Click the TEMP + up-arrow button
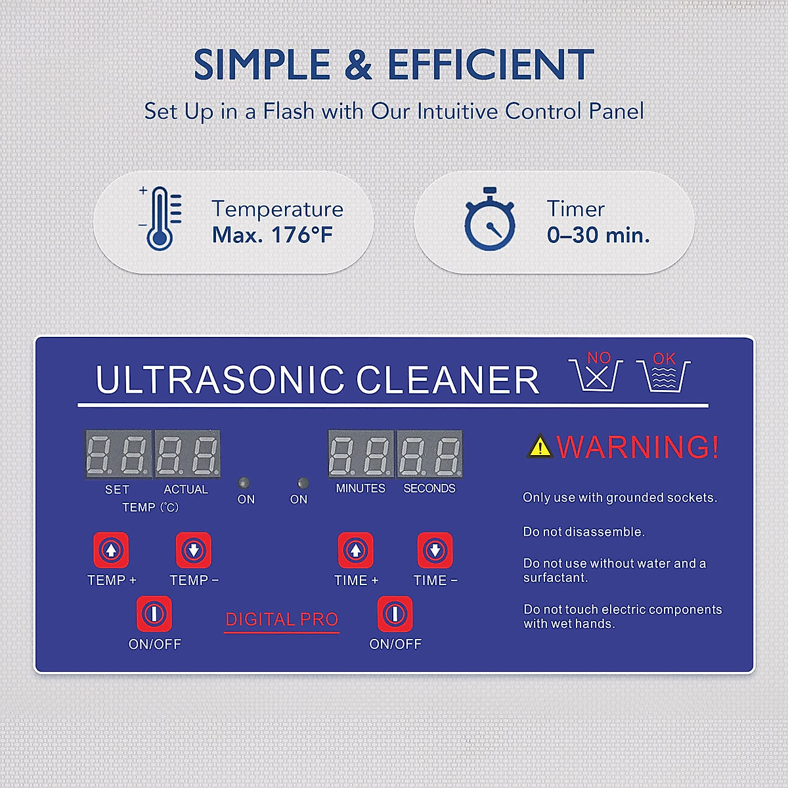tap(111, 550)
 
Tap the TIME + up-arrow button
tap(356, 550)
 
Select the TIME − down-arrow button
tap(435, 550)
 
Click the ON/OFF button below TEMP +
tap(154, 614)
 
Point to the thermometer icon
tap(160, 219)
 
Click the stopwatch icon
tap(489, 220)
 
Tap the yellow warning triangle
tap(540, 447)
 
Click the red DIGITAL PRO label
tap(282, 619)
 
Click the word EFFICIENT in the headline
tap(491, 65)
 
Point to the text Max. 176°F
tap(273, 235)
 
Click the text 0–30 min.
tap(598, 235)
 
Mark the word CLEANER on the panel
tap(447, 380)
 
